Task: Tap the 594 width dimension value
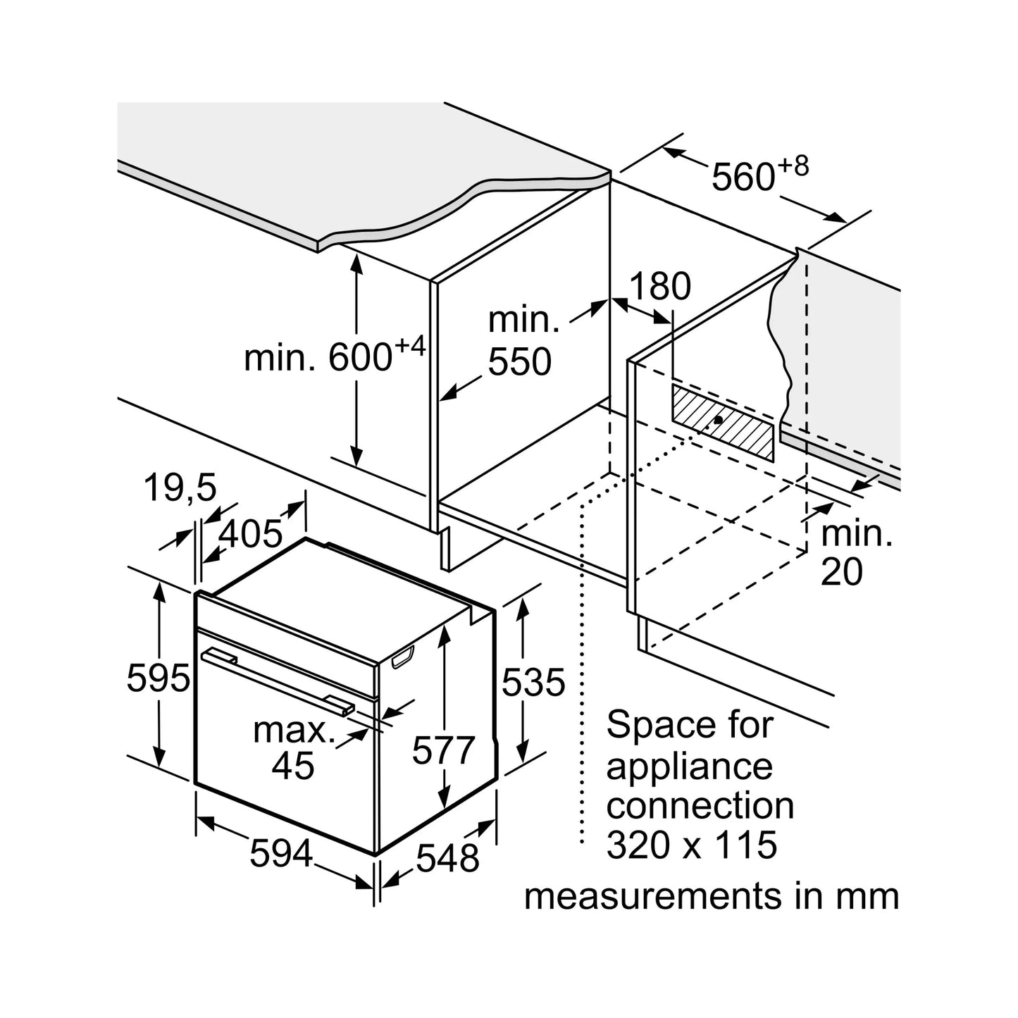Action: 281,855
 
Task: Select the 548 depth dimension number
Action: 447,858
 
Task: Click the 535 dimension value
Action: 533,683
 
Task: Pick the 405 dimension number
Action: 250,534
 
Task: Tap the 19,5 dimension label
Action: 180,488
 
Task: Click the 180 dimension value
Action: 659,287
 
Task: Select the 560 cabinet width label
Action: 743,177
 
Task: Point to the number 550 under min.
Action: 520,362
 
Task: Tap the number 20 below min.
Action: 842,571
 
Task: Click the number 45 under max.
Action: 293,765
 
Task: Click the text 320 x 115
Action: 692,844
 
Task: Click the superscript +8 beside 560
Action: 793,167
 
